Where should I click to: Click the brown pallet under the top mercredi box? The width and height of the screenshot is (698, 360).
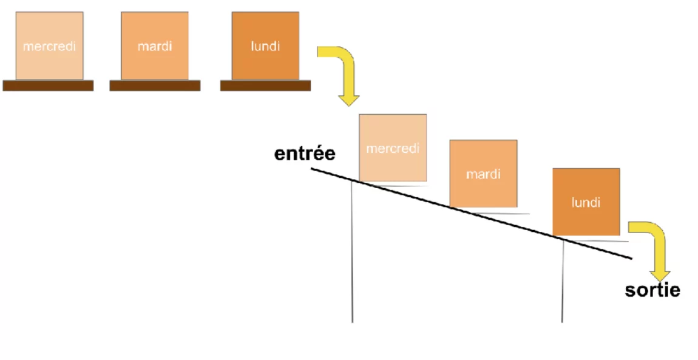tap(48, 86)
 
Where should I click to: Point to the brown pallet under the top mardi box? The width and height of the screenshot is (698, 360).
tap(155, 86)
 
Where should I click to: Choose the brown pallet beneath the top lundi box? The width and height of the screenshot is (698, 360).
tap(265, 86)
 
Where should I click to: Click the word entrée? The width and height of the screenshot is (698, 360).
tap(305, 154)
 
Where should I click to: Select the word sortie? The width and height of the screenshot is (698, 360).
tap(652, 290)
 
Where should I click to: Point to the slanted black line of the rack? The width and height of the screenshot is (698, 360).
tap(470, 213)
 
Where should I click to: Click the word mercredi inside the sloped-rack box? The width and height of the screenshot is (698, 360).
tap(393, 149)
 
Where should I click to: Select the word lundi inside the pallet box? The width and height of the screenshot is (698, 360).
tap(265, 46)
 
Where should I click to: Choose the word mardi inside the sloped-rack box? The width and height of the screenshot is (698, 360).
tap(483, 174)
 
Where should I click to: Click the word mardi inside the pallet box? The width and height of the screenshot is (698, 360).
tap(154, 46)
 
